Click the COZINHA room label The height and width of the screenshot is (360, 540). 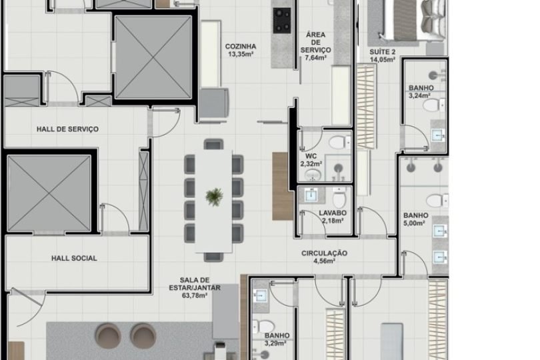(241, 46)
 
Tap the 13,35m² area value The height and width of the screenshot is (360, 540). (241, 55)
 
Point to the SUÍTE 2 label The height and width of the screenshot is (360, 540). (383, 51)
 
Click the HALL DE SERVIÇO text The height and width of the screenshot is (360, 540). (68, 129)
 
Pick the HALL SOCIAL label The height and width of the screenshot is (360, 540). (74, 258)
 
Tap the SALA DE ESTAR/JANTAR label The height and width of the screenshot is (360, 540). (195, 284)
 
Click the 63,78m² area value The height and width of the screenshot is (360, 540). (195, 296)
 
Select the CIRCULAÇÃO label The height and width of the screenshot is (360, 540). (325, 253)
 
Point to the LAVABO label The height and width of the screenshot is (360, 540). (331, 213)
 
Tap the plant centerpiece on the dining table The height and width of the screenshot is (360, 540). (215, 196)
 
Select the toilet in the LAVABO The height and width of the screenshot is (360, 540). (340, 198)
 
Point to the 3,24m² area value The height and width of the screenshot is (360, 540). (421, 95)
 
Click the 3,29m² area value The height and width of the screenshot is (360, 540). (275, 344)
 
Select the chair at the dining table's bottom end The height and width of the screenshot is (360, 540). (214, 256)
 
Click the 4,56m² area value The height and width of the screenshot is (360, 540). (325, 261)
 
